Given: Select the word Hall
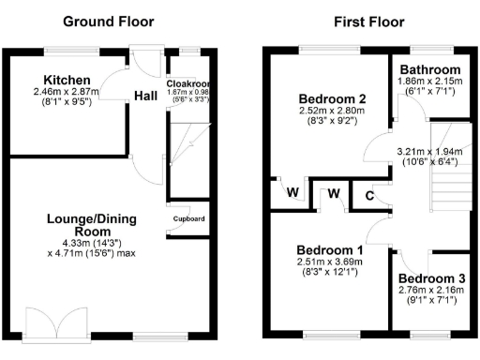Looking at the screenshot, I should coord(145,96).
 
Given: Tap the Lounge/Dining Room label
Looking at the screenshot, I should coord(91,226).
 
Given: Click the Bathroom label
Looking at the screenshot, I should coord(430,70).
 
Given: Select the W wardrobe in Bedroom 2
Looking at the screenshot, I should coord(292,193).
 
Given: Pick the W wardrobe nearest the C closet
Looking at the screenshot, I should coord(332,194).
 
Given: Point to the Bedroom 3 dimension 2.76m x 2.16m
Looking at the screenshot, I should coord(429,292).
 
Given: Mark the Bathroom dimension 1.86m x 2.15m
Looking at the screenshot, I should coord(430,82).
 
